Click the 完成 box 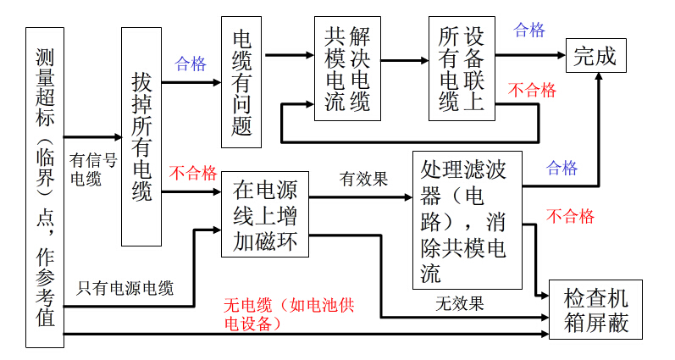596,56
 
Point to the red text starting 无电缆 288,313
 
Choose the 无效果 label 460,302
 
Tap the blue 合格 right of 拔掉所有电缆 191,64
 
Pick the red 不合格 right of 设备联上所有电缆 531,90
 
